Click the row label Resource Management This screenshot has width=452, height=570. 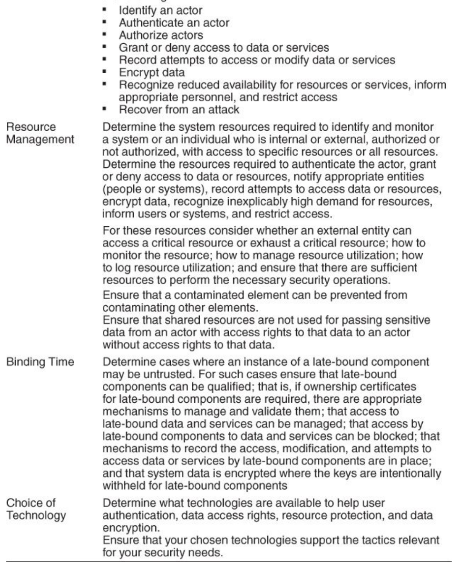(x=40, y=133)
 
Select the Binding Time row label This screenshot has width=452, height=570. (x=40, y=362)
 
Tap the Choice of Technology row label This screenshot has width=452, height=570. (x=36, y=509)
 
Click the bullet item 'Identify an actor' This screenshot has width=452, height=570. (x=160, y=11)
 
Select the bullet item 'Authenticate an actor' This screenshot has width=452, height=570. (x=174, y=23)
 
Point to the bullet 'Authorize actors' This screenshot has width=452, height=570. (x=161, y=35)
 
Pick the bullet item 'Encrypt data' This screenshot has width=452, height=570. (x=152, y=72)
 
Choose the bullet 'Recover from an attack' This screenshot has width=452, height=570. (x=179, y=110)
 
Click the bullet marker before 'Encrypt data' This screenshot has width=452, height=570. (x=104, y=72)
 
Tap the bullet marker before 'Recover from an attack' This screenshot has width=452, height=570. (x=104, y=109)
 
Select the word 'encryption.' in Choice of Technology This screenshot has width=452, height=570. (x=130, y=528)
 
